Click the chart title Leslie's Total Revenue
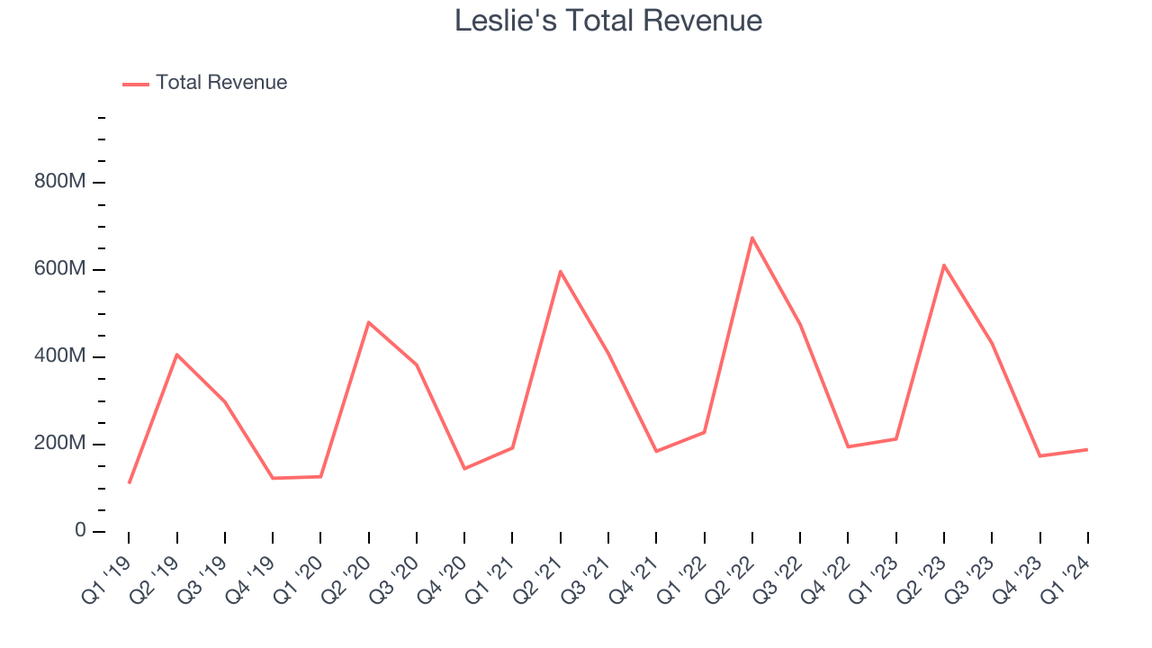point(608,21)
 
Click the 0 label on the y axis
point(80,531)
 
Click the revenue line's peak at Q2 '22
point(751,238)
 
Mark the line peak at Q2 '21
point(560,271)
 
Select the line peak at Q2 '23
point(944,265)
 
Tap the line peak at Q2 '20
point(369,322)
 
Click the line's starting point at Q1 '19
point(130,483)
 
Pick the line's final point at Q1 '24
point(1087,449)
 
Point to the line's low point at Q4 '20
point(464,469)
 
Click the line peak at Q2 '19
point(177,355)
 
